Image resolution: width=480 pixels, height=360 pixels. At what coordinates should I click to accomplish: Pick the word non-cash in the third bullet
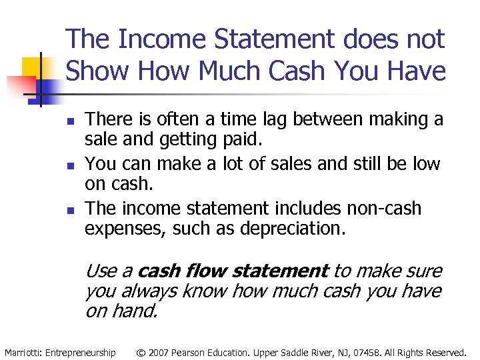pyautogui.click(x=384, y=208)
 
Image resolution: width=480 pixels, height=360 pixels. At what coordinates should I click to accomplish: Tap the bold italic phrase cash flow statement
pyautogui.click(x=230, y=271)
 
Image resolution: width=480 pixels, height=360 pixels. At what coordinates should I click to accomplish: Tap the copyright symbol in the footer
pyautogui.click(x=141, y=352)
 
